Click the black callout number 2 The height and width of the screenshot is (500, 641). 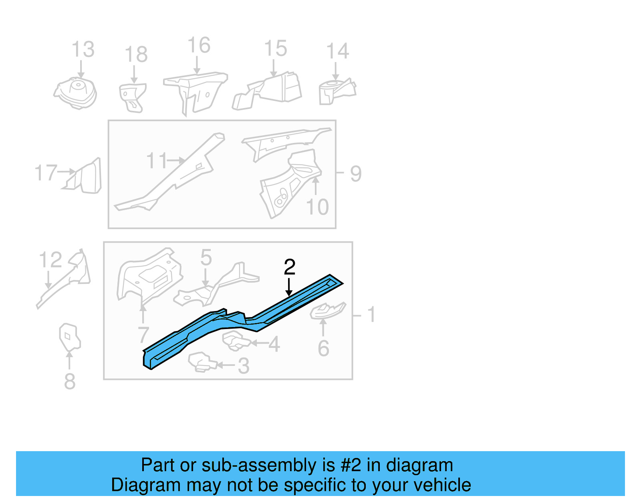coord(289,267)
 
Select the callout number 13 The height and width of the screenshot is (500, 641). coord(83,50)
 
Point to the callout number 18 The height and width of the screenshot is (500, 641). coord(136,54)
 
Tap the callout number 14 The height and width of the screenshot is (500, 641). coord(337,51)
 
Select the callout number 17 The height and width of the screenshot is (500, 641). coord(46,173)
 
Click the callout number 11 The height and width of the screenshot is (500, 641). coord(156,161)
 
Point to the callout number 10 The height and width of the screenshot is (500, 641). coord(317,207)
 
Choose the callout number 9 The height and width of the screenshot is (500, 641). coord(355,174)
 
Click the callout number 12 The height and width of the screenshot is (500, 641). coord(50,260)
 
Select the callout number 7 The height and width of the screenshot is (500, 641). coord(143,335)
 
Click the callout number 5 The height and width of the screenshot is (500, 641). coord(206,257)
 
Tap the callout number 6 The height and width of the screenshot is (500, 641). coord(323,348)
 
